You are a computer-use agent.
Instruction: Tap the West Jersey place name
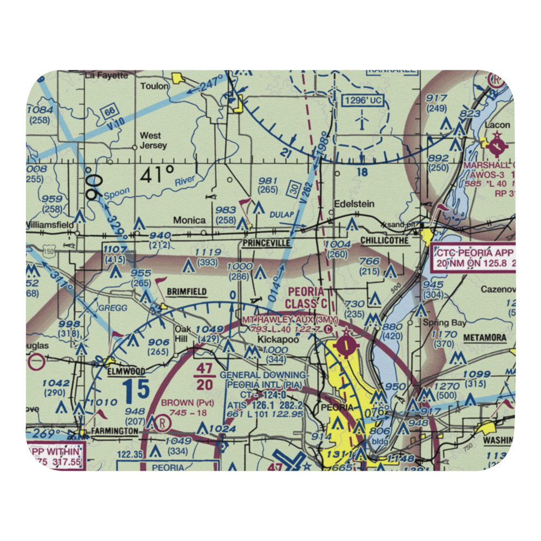153,141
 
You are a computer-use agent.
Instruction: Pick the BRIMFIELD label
187,292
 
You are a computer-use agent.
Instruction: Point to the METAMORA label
485,338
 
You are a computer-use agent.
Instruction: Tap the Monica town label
189,220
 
